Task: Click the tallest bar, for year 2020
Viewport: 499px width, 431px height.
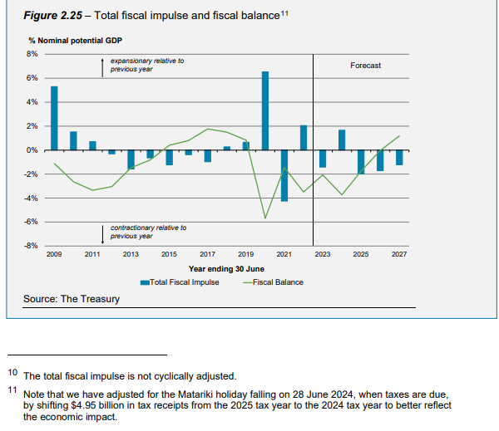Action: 265,110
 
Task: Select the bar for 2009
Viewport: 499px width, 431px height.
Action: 54,118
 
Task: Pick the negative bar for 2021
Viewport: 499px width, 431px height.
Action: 284,176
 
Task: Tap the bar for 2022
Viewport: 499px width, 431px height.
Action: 304,138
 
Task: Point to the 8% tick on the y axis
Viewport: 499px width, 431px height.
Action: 32,54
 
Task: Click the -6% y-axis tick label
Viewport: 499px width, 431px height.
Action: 32,222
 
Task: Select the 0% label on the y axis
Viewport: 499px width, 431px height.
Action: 32,150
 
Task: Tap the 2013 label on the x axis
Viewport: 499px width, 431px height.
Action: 131,254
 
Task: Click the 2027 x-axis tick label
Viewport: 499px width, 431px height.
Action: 399,254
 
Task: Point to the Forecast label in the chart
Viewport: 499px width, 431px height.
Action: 365,66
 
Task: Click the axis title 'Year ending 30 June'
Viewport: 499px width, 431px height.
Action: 227,268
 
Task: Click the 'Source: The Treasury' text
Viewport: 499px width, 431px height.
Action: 72,299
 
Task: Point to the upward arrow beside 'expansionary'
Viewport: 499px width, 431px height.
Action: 101,67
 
